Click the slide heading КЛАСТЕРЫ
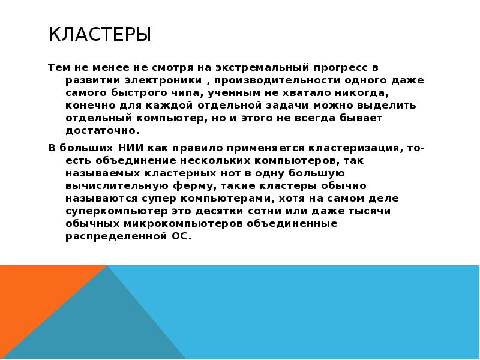(x=100, y=35)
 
